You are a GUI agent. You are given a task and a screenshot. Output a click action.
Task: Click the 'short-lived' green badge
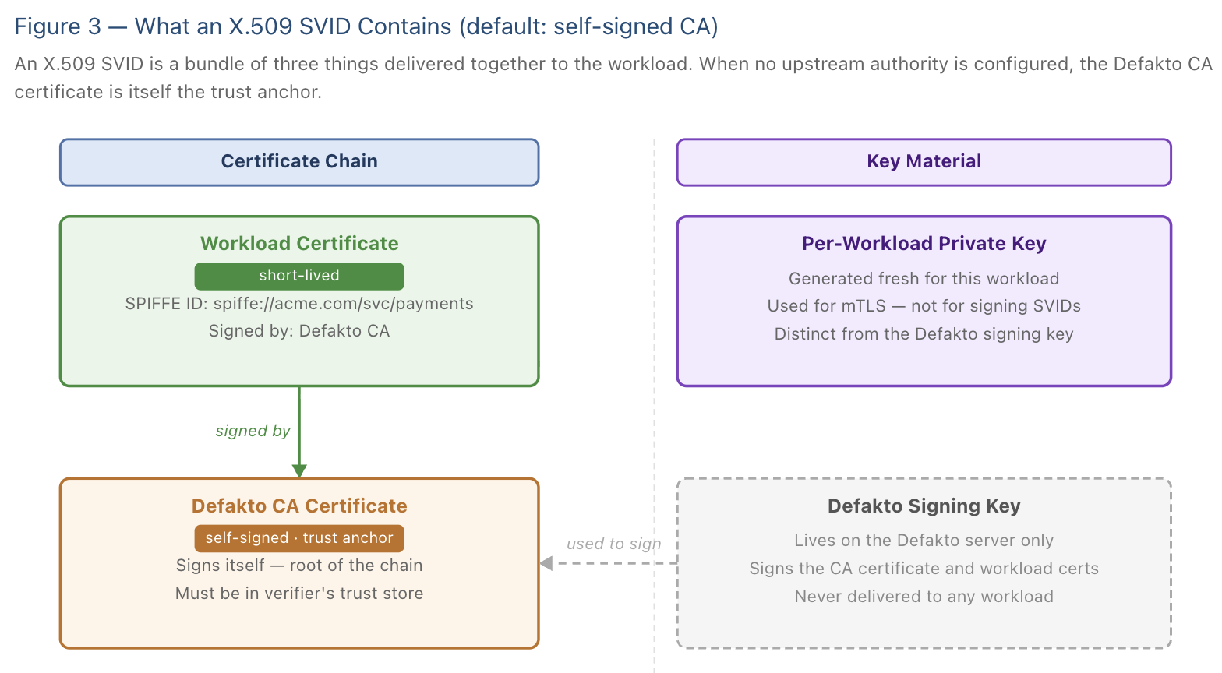[299, 276]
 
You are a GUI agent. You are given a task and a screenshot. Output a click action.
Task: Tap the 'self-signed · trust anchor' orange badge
[299, 538]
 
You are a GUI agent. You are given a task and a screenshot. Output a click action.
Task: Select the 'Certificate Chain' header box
[299, 162]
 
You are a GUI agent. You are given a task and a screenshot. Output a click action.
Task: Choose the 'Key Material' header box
[924, 162]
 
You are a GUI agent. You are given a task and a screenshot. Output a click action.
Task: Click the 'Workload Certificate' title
[299, 244]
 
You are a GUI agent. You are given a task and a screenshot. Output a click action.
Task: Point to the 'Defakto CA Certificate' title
[299, 506]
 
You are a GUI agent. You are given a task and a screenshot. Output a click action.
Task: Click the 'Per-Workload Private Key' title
[924, 244]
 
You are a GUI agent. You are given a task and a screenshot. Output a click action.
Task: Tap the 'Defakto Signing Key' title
[924, 506]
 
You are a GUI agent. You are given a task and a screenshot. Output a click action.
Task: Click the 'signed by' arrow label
[253, 432]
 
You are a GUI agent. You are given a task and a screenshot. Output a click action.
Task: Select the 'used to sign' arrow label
[613, 544]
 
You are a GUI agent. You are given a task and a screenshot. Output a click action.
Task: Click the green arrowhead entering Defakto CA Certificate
[299, 470]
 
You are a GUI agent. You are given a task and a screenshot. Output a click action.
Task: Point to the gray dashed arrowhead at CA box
[546, 563]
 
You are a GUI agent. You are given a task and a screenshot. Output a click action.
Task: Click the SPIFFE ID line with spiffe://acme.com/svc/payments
[299, 304]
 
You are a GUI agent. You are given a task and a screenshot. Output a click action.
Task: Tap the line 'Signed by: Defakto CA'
[299, 331]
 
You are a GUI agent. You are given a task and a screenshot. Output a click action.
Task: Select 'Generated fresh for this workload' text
[924, 279]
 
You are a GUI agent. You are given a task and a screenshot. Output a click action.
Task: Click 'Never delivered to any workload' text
[924, 597]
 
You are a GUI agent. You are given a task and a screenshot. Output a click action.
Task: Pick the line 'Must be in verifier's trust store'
[299, 594]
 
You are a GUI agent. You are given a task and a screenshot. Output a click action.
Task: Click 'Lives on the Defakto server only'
[924, 541]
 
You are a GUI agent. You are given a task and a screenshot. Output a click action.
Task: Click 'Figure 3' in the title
[58, 27]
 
